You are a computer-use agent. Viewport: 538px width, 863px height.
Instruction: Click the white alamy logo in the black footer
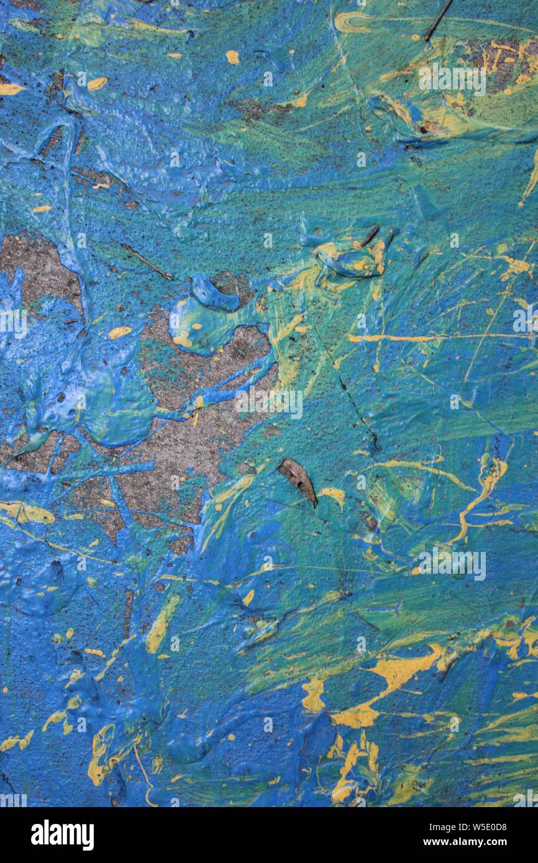pyautogui.click(x=62, y=835)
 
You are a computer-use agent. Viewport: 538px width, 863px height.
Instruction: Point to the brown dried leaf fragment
pyautogui.click(x=298, y=480)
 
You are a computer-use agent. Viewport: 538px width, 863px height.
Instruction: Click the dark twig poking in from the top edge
pyautogui.click(x=437, y=20)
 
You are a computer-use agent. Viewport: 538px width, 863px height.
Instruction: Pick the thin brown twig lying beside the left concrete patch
pyautogui.click(x=146, y=261)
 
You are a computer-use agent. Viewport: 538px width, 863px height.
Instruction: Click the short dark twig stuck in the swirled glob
pyautogui.click(x=370, y=235)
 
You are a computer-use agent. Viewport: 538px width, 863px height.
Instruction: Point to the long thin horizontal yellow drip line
pyautogui.click(x=398, y=338)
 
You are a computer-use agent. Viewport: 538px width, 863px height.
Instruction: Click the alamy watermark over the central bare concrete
pyautogui.click(x=268, y=404)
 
